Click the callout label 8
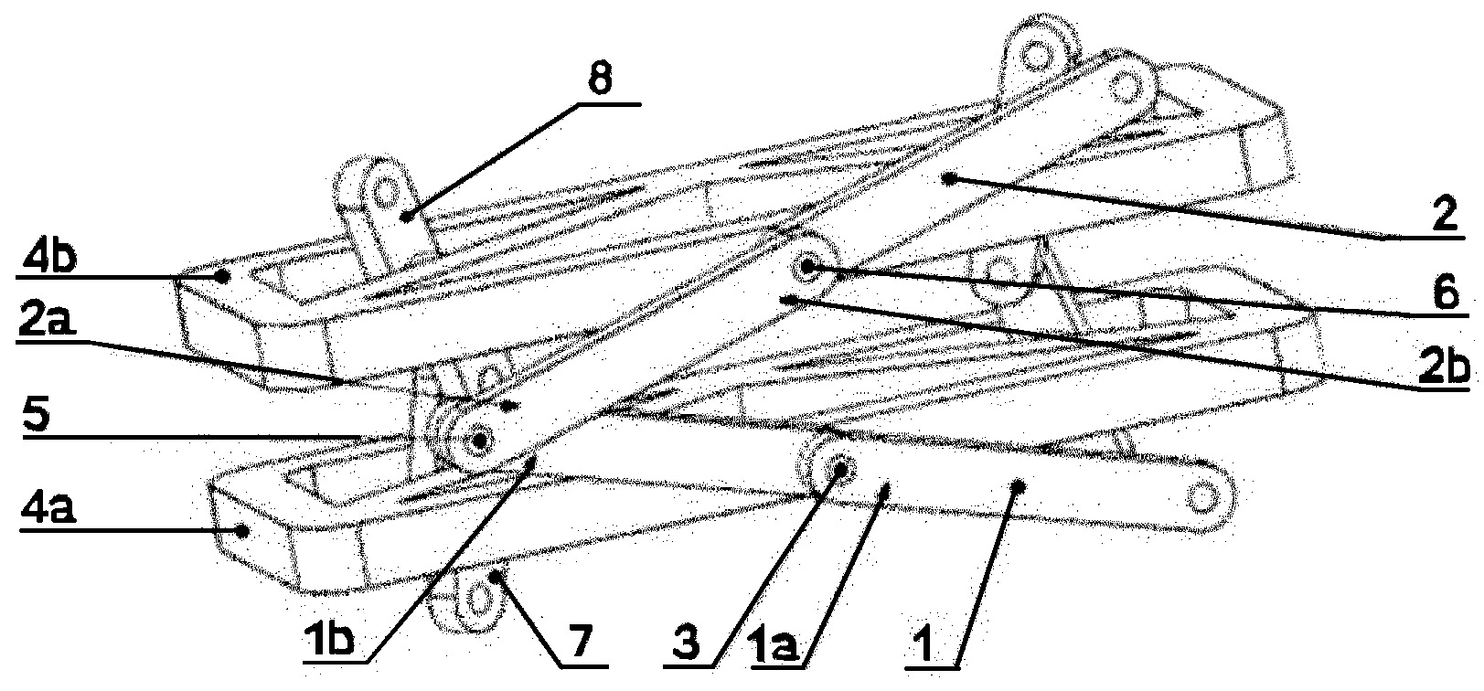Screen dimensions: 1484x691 point(600,80)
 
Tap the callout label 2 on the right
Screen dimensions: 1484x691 point(1445,214)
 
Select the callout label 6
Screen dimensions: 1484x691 point(1445,292)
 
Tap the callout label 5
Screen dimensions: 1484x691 point(37,415)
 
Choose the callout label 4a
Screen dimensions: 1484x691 point(48,509)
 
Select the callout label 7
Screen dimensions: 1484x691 point(581,642)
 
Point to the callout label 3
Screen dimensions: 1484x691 point(686,642)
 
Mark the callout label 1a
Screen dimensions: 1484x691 point(775,643)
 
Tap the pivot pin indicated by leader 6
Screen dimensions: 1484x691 point(807,267)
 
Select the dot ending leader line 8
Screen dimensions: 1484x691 point(405,216)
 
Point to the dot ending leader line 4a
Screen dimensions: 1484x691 point(243,531)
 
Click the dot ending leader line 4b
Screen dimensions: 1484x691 point(226,276)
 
